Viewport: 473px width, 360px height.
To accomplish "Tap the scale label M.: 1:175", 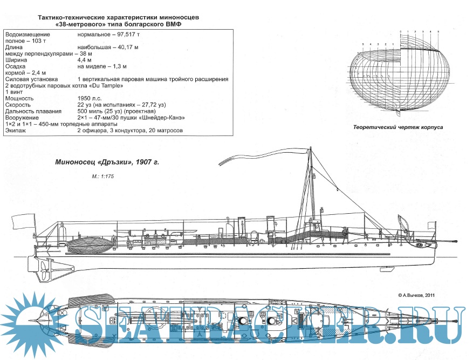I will coord(104,176).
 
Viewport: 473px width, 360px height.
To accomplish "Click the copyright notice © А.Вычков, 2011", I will coord(415,295).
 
